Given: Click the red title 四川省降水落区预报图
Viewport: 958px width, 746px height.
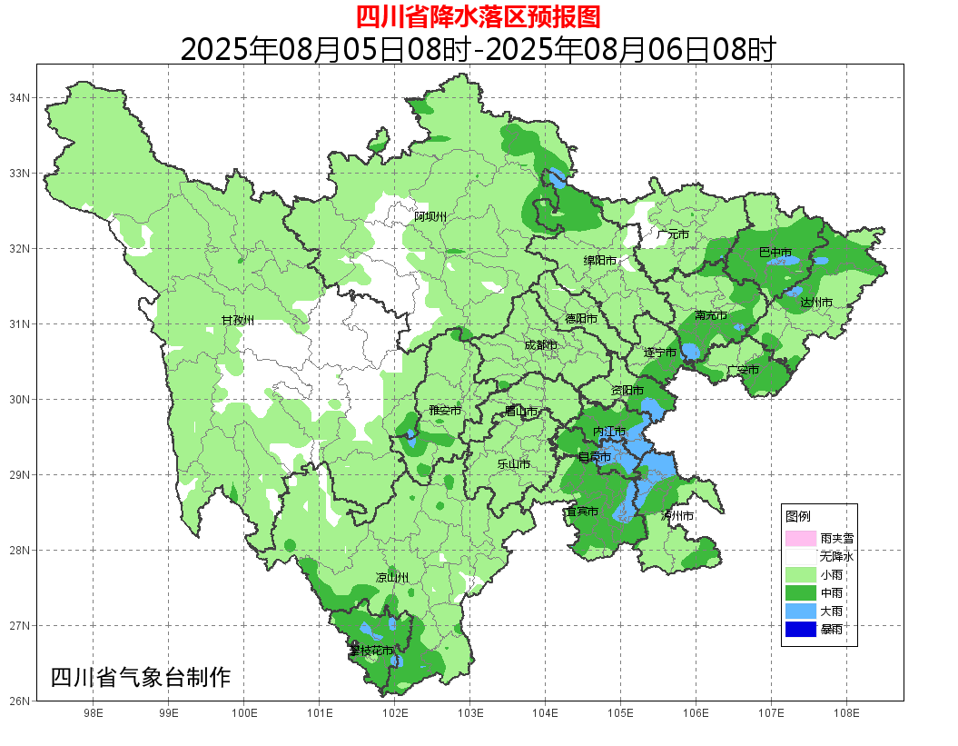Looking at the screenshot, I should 478,16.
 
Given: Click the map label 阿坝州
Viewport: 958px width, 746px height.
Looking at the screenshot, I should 430,216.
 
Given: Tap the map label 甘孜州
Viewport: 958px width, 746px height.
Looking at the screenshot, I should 238,321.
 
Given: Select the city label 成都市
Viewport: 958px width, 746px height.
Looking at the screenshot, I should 540,345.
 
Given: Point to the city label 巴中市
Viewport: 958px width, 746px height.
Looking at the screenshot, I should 775,253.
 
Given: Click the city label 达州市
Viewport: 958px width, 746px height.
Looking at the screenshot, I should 815,302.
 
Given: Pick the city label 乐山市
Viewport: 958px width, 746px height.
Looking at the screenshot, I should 513,464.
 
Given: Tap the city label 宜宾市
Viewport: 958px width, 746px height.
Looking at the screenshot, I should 581,512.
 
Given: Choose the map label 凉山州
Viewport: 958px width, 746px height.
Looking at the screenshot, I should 392,578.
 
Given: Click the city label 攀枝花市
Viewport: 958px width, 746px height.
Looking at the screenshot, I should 371,651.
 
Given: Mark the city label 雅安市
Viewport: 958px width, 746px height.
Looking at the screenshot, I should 445,411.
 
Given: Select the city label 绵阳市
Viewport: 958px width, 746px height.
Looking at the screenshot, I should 599,261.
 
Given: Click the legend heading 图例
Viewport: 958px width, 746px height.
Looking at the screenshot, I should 798,516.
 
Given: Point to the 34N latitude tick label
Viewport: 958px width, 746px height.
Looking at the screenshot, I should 20,98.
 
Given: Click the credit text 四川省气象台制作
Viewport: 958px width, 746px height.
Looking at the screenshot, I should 141,677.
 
